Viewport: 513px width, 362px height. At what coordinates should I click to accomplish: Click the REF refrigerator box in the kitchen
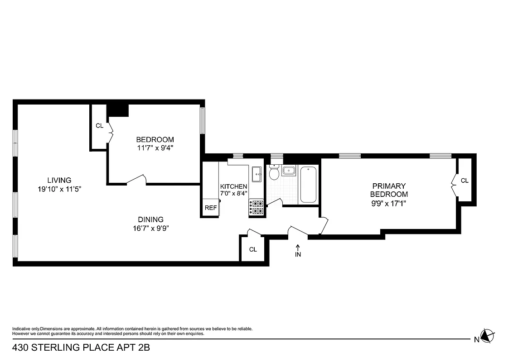coord(211,208)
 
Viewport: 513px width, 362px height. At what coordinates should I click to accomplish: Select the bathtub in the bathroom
coord(309,185)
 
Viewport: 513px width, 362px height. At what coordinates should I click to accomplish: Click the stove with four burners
coord(256,207)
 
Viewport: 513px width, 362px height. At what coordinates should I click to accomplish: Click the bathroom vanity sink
coord(289,171)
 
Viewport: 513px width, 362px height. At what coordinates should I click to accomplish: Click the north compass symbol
coord(486,336)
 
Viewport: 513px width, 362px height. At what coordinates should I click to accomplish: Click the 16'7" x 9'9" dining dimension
coord(151,228)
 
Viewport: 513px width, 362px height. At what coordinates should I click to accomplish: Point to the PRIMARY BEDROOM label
coord(389,190)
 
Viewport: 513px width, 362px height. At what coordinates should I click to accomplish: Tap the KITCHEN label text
coord(234,186)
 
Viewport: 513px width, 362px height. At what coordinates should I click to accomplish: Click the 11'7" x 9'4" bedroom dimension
coord(155,148)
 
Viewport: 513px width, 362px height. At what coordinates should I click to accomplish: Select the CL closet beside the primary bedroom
coord(465,181)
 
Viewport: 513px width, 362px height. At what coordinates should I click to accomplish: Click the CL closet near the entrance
coord(253,249)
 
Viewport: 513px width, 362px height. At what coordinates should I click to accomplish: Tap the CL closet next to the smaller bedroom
coord(99,126)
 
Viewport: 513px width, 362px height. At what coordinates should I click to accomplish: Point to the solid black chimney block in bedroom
coord(118,110)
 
